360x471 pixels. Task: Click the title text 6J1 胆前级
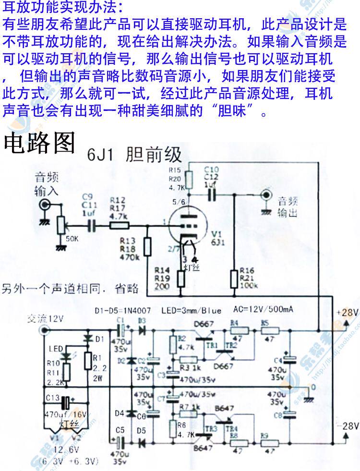point(135,155)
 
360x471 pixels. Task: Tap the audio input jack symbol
point(46,204)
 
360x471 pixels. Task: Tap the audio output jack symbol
point(265,195)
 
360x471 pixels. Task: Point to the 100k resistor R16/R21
point(234,278)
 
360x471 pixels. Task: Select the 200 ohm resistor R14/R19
point(181,278)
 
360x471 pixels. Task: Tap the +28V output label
point(347,313)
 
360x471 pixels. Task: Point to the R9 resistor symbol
point(272,443)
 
